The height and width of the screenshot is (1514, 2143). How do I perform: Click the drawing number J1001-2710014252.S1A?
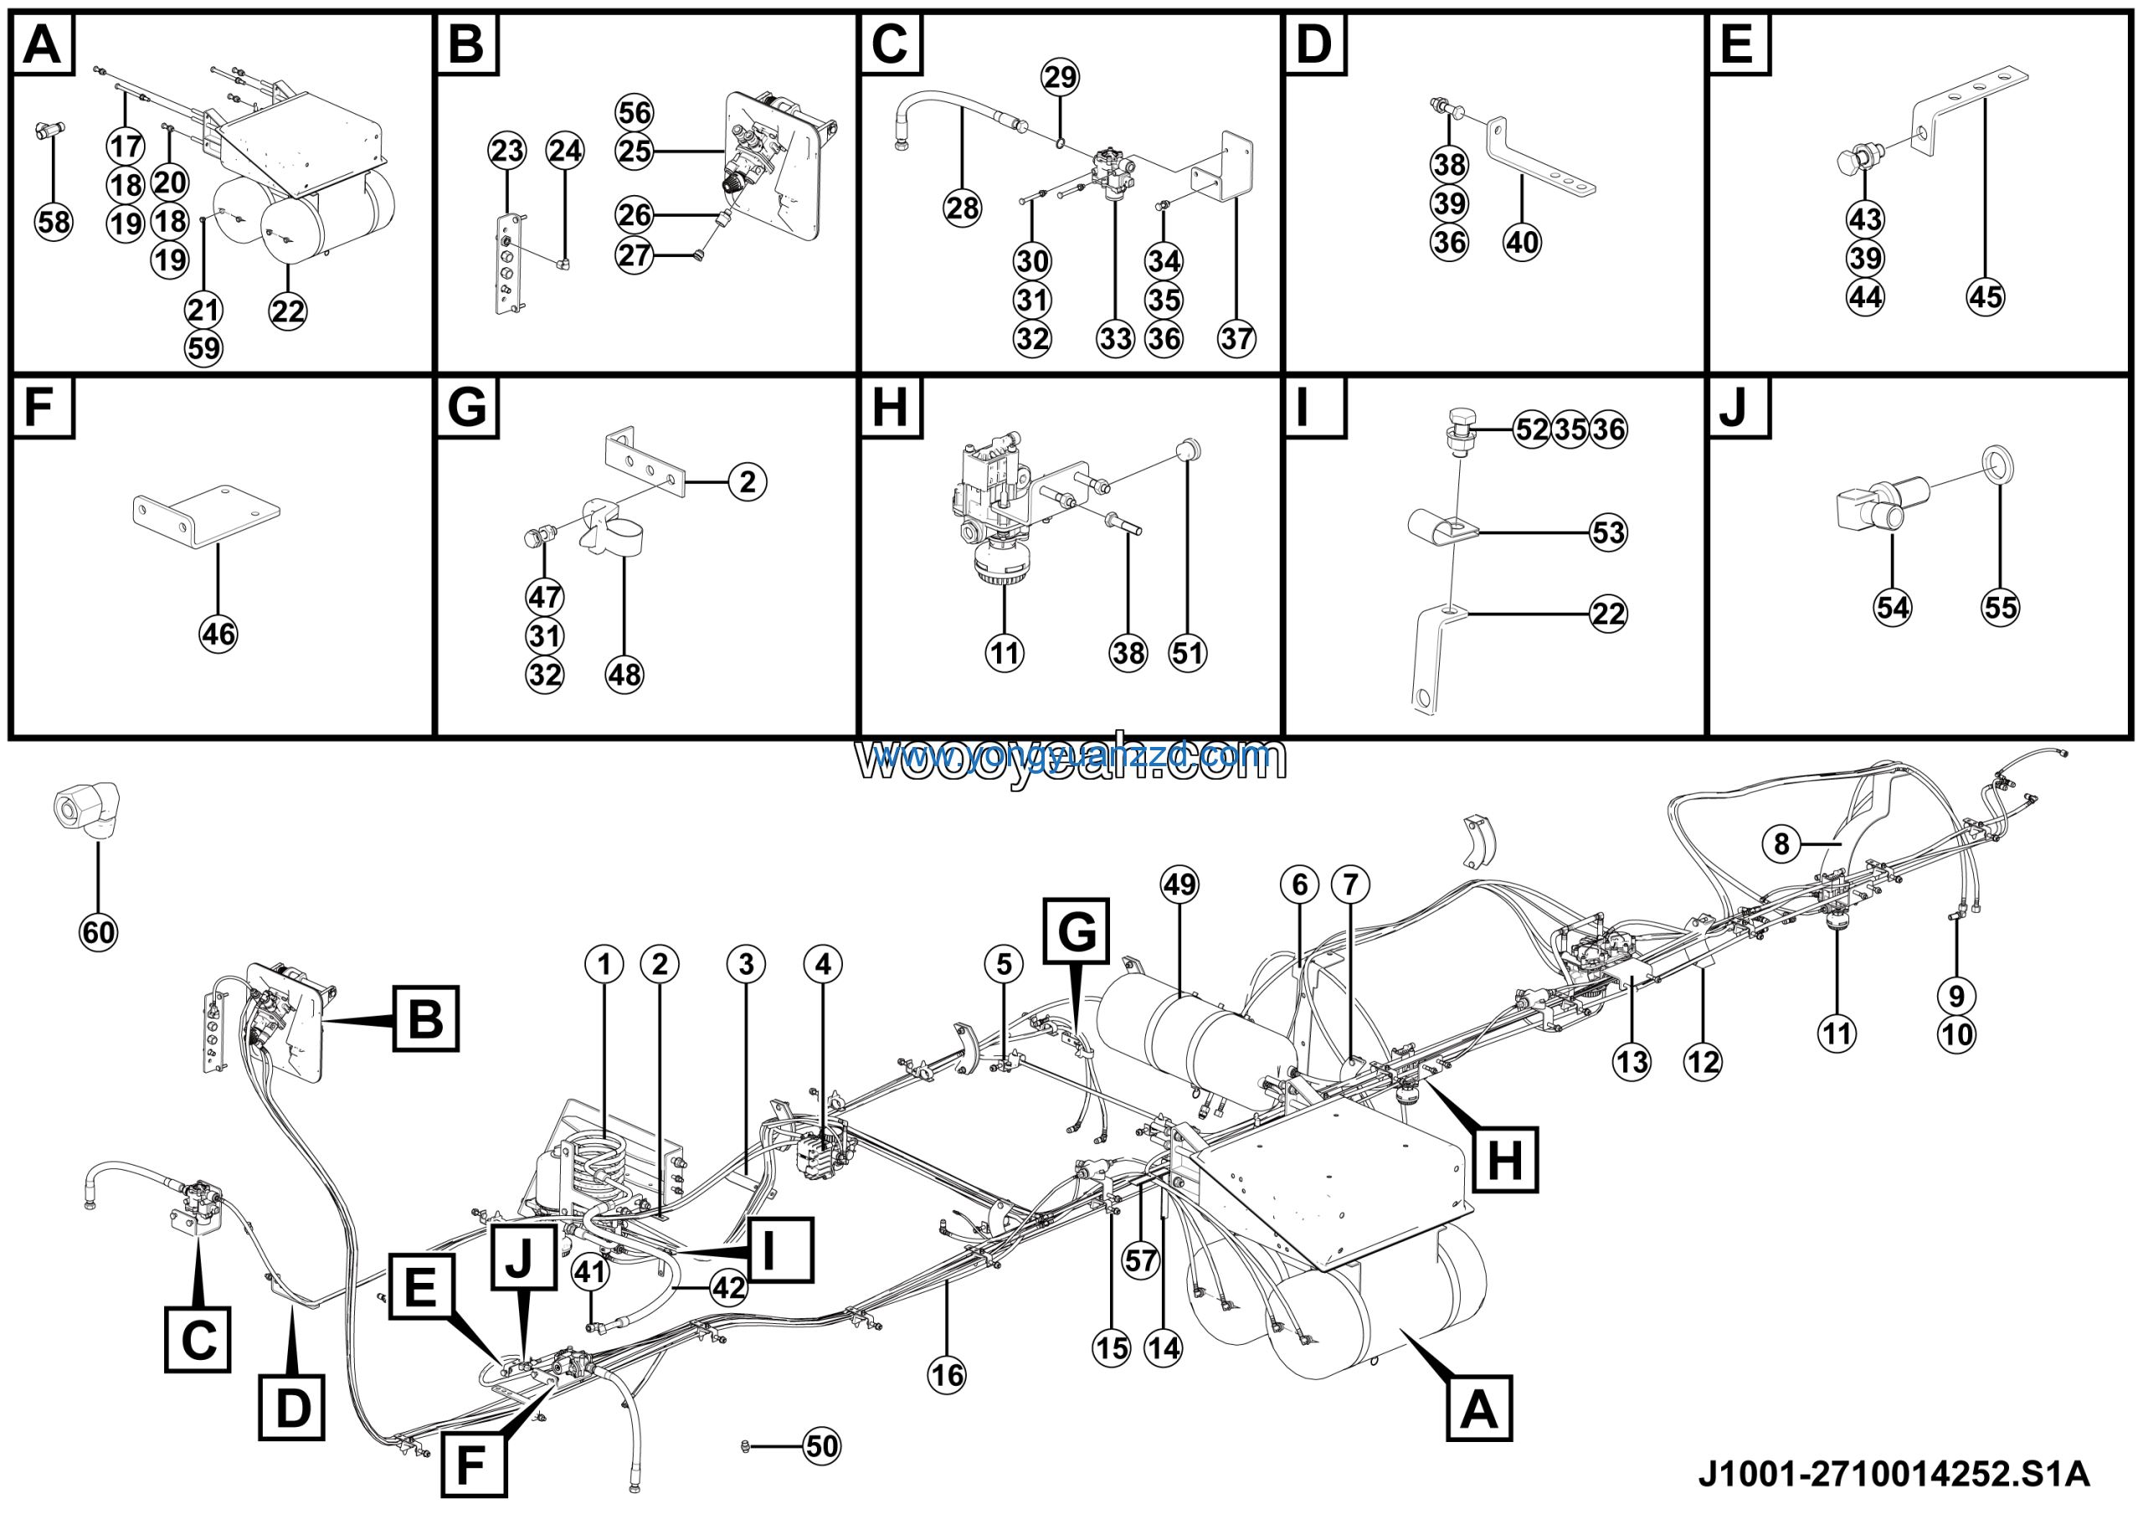tap(1894, 1474)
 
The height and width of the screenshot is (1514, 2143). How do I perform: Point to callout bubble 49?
tap(1179, 884)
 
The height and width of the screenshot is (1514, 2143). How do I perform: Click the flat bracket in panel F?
tap(205, 515)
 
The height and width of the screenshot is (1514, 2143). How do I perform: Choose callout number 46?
tap(218, 635)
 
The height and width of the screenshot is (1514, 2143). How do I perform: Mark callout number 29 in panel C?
tap(1061, 76)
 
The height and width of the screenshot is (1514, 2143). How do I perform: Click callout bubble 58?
tap(54, 222)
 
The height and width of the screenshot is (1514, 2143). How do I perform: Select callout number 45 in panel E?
tap(1986, 296)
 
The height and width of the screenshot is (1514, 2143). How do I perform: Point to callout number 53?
tap(1608, 533)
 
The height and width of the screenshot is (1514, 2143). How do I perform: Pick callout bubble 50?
tap(821, 1446)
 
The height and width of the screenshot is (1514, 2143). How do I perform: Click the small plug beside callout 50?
tap(745, 1446)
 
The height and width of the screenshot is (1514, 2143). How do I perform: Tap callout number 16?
tap(947, 1375)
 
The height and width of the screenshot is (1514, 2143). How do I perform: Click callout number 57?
tap(1141, 1260)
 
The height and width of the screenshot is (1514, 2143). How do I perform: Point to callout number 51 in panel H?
tap(1187, 652)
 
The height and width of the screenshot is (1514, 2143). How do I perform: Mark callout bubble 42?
tap(728, 1288)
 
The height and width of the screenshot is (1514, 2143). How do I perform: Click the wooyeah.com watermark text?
tap(1071, 760)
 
